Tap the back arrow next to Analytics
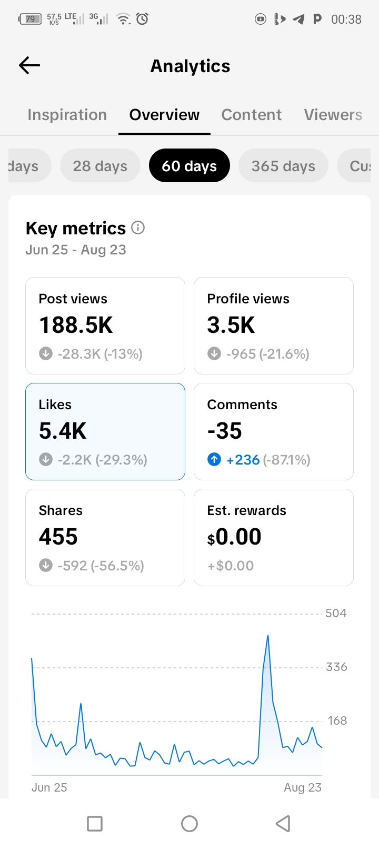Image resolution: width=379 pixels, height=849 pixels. pyautogui.click(x=29, y=65)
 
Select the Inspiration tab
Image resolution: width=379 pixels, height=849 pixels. pyautogui.click(x=67, y=115)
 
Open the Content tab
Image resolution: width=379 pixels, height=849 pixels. pyautogui.click(x=251, y=115)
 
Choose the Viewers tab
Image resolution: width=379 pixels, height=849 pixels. pyautogui.click(x=333, y=115)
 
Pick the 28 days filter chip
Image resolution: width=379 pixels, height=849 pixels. pyautogui.click(x=100, y=165)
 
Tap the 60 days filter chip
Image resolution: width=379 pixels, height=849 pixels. pyautogui.click(x=189, y=165)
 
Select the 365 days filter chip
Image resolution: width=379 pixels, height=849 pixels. pyautogui.click(x=283, y=165)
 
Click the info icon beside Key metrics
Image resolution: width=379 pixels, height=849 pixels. pyautogui.click(x=138, y=228)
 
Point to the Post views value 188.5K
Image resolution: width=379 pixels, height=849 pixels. pyautogui.click(x=76, y=325)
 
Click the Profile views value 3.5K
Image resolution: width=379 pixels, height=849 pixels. pyautogui.click(x=231, y=325)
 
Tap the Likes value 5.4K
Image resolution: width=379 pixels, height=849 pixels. pyautogui.click(x=63, y=431)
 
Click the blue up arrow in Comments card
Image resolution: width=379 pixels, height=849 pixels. pyautogui.click(x=214, y=460)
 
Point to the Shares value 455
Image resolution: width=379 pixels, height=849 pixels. pyautogui.click(x=58, y=537)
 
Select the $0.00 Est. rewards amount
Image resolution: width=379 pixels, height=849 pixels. pyautogui.click(x=234, y=537)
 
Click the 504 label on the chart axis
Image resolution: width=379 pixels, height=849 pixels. pyautogui.click(x=336, y=613)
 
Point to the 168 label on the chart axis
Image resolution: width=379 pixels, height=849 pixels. pyautogui.click(x=337, y=720)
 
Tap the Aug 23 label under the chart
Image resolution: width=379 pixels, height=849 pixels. pyautogui.click(x=303, y=787)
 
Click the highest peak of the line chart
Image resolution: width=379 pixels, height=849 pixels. pyautogui.click(x=268, y=635)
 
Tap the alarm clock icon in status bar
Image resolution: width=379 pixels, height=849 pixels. pyautogui.click(x=142, y=18)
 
